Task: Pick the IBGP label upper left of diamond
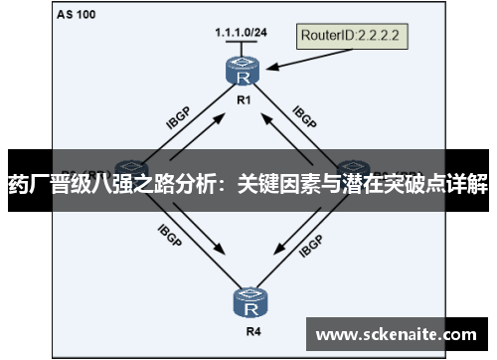point(178,116)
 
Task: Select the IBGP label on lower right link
point(310,242)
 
